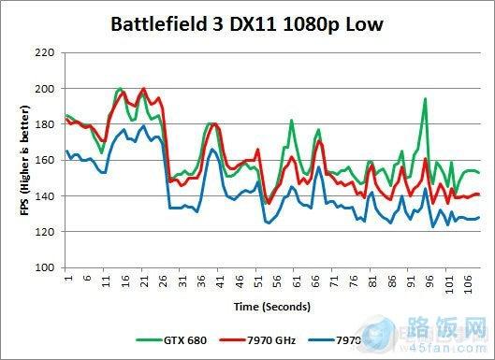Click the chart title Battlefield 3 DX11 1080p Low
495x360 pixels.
247,22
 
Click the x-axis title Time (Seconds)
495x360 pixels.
272,306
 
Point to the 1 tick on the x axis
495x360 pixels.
67,278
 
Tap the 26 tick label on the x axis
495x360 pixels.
163,280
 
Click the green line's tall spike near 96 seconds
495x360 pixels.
426,99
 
